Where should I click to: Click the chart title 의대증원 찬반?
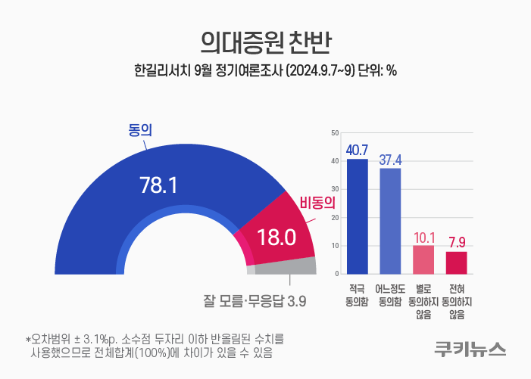tap(265, 42)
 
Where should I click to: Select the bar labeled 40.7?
tap(358, 216)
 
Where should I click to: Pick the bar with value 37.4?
tap(390, 221)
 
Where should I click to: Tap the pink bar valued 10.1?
tap(423, 259)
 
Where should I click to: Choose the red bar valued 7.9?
tap(456, 263)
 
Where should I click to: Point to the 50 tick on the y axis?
tap(335, 133)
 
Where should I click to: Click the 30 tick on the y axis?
tap(335, 189)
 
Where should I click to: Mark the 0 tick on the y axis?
tap(337, 274)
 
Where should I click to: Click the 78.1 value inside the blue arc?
tap(158, 185)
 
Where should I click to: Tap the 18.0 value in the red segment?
tap(276, 237)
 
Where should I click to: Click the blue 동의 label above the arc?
tap(140, 130)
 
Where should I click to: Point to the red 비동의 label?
tap(317, 203)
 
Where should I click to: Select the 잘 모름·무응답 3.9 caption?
tap(255, 300)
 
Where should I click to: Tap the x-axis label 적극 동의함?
tap(357, 295)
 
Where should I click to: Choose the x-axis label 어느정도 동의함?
tap(390, 295)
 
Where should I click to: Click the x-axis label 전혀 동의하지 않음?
tap(457, 302)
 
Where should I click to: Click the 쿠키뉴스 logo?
tap(470, 349)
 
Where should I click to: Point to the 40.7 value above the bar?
tap(357, 151)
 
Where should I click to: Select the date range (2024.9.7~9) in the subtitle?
tap(320, 71)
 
